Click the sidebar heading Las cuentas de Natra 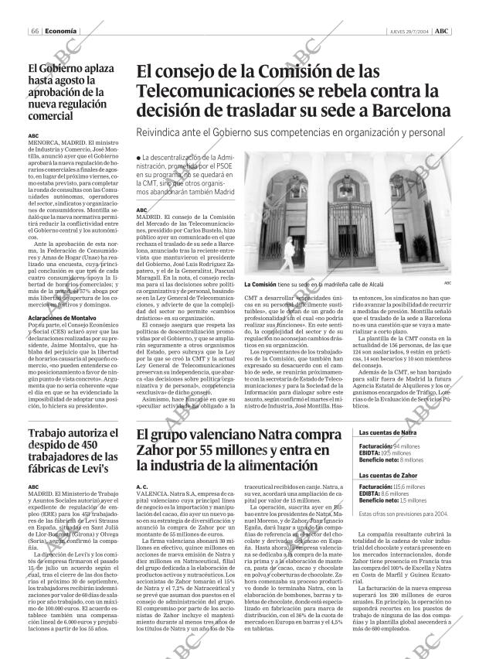coord(389,432)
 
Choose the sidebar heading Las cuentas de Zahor coord(389,474)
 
